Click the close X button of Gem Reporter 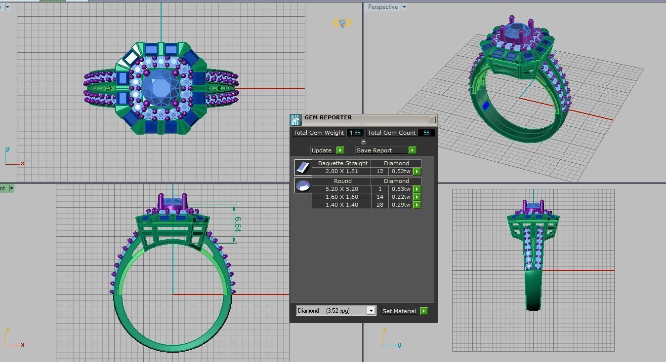pyautogui.click(x=432, y=120)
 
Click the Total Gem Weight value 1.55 pyautogui.click(x=355, y=133)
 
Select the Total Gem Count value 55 pyautogui.click(x=426, y=133)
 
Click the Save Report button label pyautogui.click(x=374, y=150)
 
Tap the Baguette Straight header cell pyautogui.click(x=342, y=163)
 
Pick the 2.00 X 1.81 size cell pyautogui.click(x=341, y=171)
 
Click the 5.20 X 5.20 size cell pyautogui.click(x=341, y=189)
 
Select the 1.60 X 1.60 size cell pyautogui.click(x=341, y=197)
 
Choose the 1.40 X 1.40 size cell pyautogui.click(x=341, y=205)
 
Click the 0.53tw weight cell pyautogui.click(x=401, y=189)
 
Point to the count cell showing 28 pyautogui.click(x=380, y=205)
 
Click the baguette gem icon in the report pyautogui.click(x=303, y=167)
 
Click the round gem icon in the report pyautogui.click(x=303, y=185)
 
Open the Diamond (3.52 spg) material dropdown pyautogui.click(x=371, y=311)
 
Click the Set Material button pyautogui.click(x=399, y=311)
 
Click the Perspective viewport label pyautogui.click(x=382, y=7)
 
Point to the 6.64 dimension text pyautogui.click(x=238, y=224)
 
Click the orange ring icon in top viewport pyautogui.click(x=342, y=23)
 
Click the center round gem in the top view pyautogui.click(x=161, y=88)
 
